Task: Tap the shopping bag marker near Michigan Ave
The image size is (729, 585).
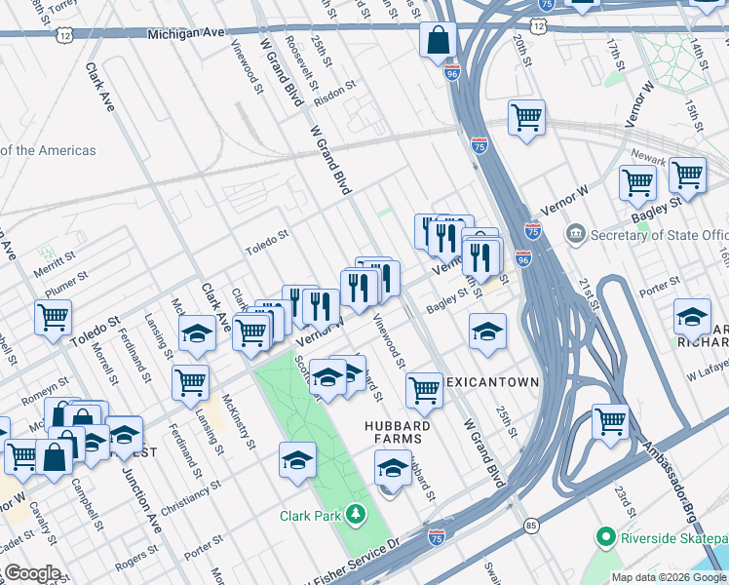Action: click(x=439, y=40)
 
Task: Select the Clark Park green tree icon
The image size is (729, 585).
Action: click(x=358, y=513)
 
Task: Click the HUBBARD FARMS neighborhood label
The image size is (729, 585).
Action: click(x=397, y=434)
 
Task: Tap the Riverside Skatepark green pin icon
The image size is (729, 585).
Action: click(x=604, y=537)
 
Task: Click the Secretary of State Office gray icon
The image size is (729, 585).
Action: click(x=576, y=235)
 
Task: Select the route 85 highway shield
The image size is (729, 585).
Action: click(x=530, y=526)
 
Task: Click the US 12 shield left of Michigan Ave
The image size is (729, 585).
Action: click(x=65, y=34)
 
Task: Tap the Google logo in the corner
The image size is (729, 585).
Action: click(x=31, y=573)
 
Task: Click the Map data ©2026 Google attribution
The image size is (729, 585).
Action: click(x=669, y=576)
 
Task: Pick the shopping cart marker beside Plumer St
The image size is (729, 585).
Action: click(x=53, y=316)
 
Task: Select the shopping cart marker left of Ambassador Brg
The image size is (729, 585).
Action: click(x=610, y=421)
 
